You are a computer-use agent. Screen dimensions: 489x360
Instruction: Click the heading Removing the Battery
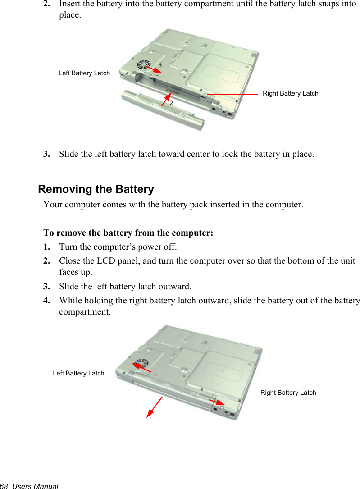click(x=96, y=189)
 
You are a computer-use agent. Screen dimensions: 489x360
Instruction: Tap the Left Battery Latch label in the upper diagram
click(x=84, y=73)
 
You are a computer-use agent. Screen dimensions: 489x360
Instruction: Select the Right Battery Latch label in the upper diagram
click(x=290, y=93)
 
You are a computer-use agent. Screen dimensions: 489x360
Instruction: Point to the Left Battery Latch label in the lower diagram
click(x=78, y=373)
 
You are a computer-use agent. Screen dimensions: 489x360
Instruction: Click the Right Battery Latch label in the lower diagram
click(x=288, y=393)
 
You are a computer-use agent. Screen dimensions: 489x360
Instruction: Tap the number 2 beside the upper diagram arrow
click(x=171, y=103)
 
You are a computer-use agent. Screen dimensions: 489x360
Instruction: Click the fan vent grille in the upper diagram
click(x=143, y=64)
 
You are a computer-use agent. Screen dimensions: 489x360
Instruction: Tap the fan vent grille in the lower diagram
click(x=141, y=363)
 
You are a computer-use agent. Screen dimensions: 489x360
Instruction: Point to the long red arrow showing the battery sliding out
click(x=155, y=407)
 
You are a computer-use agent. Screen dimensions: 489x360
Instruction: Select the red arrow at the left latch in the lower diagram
click(x=141, y=367)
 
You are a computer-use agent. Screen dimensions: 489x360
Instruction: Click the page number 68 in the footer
click(x=5, y=486)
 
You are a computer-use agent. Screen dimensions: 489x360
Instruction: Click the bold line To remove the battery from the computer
click(x=128, y=233)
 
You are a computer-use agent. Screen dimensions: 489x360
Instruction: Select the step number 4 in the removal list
click(x=46, y=300)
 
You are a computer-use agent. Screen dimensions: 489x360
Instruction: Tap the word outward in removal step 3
click(x=174, y=286)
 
